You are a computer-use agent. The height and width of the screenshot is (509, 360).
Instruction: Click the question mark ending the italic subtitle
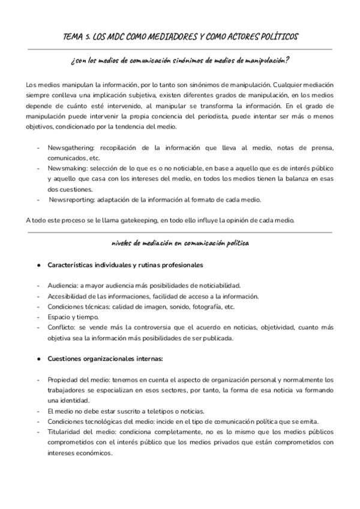point(288,59)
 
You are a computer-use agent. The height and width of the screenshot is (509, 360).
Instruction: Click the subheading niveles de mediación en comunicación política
point(179,243)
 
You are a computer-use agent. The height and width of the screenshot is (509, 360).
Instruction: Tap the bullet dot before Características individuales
point(38,265)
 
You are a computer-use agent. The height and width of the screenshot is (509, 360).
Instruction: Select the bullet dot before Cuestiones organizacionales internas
point(38,359)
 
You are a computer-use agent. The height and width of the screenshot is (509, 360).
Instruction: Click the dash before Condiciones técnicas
point(38,306)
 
